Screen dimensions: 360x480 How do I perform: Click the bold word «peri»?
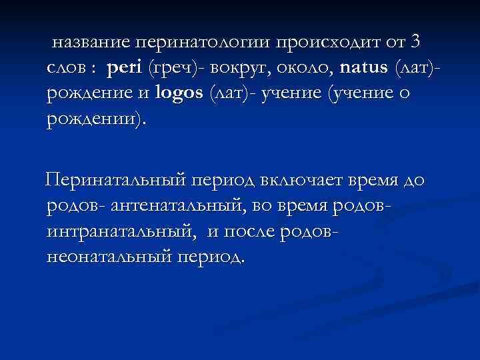pos(125,68)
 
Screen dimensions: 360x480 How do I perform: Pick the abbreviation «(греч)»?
pos(171,68)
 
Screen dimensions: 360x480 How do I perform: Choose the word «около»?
pos(304,68)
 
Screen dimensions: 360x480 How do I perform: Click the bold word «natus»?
pos(365,68)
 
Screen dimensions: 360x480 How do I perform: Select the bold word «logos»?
pos(178,93)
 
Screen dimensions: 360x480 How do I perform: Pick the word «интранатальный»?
pos(122,232)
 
